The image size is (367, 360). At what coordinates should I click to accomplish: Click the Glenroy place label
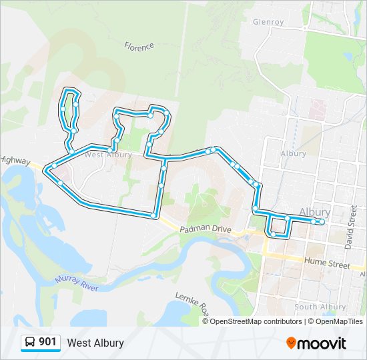pos(268,22)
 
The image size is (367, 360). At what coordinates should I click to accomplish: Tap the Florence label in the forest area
pos(139,47)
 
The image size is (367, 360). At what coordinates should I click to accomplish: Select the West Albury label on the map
pos(103,155)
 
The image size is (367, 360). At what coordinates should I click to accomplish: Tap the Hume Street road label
pos(326,265)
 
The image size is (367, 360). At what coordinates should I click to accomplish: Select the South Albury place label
pos(320,307)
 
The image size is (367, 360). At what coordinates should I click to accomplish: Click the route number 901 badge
pos(47,342)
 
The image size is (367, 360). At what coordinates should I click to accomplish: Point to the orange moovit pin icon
pos(291,343)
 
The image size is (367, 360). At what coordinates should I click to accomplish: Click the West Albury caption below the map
pos(95,343)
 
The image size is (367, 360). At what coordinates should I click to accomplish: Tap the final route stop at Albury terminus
pos(322,221)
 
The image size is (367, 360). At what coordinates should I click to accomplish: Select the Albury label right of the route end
pos(315,212)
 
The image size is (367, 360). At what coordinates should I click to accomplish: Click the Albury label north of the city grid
pos(294,153)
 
